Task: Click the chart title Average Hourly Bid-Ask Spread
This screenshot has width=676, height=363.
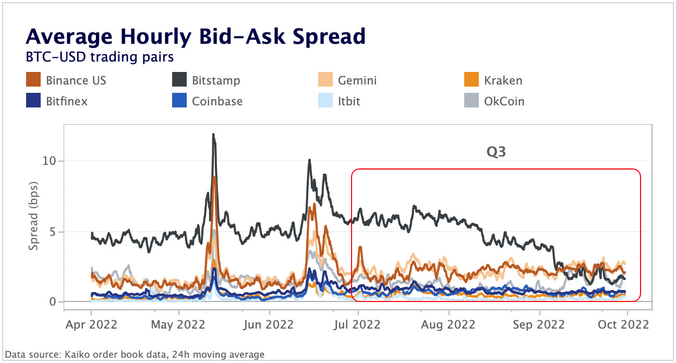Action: [196, 37]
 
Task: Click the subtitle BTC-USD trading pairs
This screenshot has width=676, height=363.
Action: [100, 55]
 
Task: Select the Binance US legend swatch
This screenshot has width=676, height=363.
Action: [33, 81]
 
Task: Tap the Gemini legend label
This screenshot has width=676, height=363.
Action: [357, 81]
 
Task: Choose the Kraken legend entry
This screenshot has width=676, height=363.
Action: [503, 81]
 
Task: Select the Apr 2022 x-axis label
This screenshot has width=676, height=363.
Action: [91, 324]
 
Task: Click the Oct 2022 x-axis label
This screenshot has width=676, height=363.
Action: [627, 324]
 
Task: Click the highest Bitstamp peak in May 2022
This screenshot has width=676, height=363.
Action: [213, 135]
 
